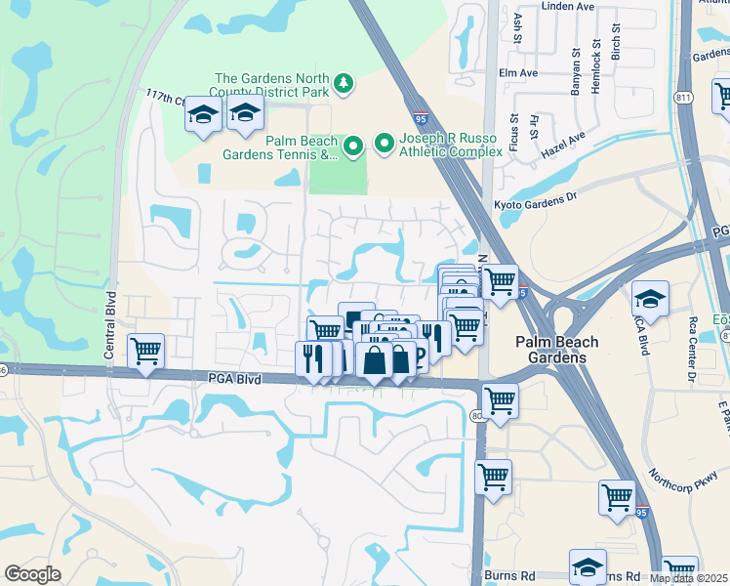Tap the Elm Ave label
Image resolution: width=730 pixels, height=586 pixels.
[x=517, y=73]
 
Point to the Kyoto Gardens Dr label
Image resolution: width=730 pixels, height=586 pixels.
[x=537, y=201]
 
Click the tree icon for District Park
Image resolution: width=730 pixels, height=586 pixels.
[x=343, y=84]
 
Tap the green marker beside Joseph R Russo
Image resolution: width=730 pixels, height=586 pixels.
[x=385, y=145]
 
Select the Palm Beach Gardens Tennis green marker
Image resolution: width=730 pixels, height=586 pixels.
[x=353, y=146]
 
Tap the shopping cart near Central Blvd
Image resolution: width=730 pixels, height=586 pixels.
[x=146, y=350]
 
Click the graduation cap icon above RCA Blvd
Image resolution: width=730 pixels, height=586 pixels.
[x=650, y=297]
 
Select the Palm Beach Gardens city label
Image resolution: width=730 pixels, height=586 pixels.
[x=551, y=350]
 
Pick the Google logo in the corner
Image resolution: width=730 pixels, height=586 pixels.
[x=32, y=574]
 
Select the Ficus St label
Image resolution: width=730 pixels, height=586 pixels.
[x=512, y=131]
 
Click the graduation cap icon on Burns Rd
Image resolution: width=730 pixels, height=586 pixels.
[x=588, y=566]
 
